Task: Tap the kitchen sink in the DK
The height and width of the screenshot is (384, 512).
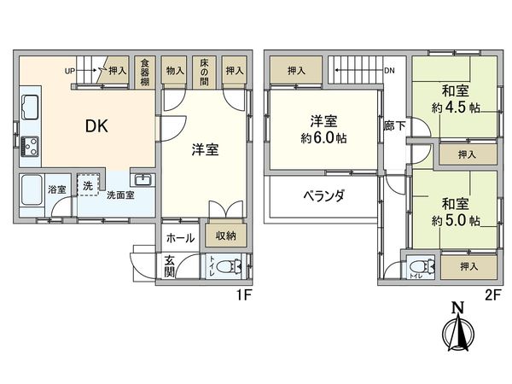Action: click(x=29, y=108)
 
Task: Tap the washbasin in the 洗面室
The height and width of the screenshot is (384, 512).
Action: click(x=142, y=180)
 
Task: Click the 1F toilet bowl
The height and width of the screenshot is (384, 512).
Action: click(x=227, y=267)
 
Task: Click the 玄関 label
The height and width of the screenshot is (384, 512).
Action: click(x=170, y=267)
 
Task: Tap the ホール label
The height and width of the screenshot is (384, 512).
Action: click(x=179, y=238)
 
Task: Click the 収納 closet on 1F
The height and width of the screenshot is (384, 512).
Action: click(x=225, y=236)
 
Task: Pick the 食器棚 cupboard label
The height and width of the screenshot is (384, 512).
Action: click(x=145, y=73)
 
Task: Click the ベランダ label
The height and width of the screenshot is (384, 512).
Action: click(x=323, y=195)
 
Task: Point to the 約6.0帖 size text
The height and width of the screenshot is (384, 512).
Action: click(x=323, y=138)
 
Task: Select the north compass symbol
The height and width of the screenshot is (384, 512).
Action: click(x=457, y=328)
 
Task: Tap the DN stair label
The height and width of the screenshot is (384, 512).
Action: click(x=389, y=71)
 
